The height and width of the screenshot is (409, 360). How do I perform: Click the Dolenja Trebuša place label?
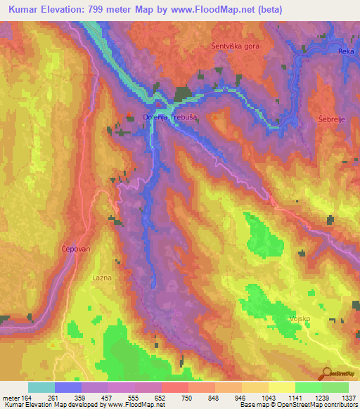click(x=164, y=117)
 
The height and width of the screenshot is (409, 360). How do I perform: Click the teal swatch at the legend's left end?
click(x=41, y=387)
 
